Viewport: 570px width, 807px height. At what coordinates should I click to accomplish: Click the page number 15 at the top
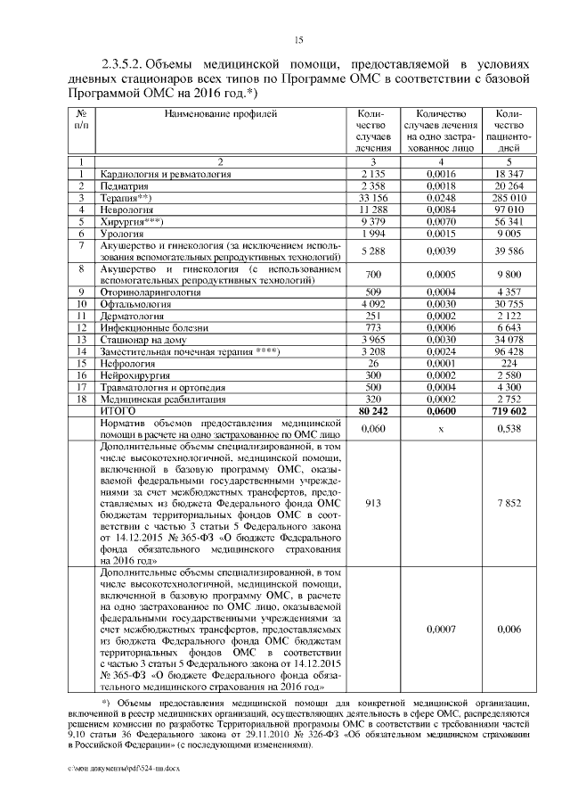(298, 39)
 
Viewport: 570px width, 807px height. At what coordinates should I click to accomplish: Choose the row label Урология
(123, 233)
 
